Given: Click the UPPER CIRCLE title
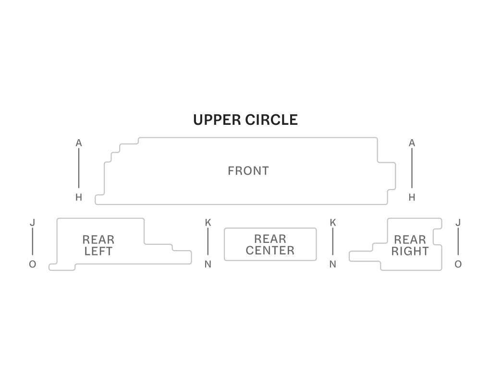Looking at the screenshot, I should click(x=245, y=120).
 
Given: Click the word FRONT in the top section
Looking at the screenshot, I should click(x=248, y=171).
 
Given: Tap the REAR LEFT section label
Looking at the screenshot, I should click(x=98, y=245).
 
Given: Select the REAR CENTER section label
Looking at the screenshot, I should click(x=270, y=244).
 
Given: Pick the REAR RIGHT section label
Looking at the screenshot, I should click(x=410, y=245).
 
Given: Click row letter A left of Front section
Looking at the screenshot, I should click(x=79, y=143).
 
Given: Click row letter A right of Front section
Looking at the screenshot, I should click(x=412, y=143).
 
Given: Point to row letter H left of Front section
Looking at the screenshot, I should click(x=79, y=197).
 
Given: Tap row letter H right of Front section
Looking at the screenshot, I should click(x=412, y=197).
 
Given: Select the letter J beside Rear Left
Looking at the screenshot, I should click(x=32, y=223).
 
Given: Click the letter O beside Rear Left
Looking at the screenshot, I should click(x=32, y=265).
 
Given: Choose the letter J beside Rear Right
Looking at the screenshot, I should click(x=458, y=223).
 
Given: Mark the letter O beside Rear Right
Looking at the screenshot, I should click(x=458, y=265).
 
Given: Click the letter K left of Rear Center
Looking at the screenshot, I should click(x=208, y=223).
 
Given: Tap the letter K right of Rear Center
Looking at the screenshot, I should click(x=332, y=223).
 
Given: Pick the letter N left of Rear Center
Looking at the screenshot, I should click(x=208, y=265).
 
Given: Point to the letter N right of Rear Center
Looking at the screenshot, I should click(x=332, y=265).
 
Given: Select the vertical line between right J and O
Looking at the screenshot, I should click(x=458, y=242).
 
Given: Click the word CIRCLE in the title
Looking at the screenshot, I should click(x=271, y=120).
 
